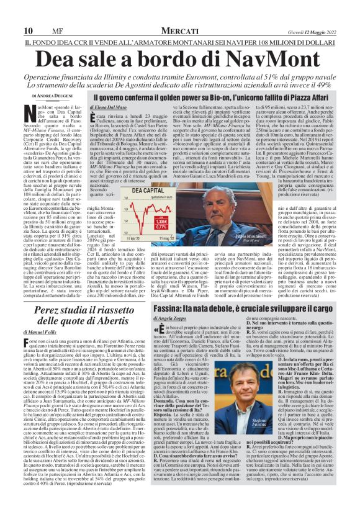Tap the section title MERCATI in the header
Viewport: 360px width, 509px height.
(x=179, y=31)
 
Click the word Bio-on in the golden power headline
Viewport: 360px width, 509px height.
(x=215, y=98)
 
